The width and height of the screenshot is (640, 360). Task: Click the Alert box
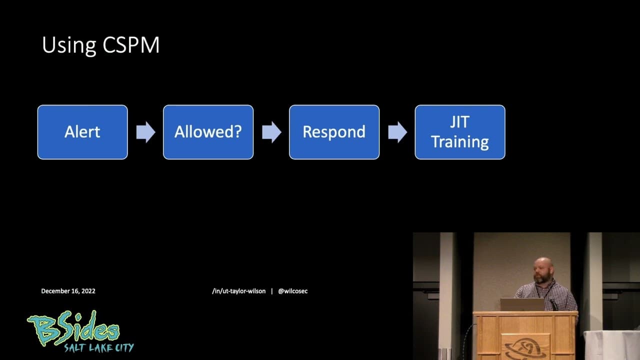click(x=82, y=132)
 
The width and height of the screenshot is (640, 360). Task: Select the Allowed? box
click(x=208, y=132)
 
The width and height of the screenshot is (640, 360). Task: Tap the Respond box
click(x=334, y=132)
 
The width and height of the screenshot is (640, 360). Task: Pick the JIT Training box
click(x=460, y=132)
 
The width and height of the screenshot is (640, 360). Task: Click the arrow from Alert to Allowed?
click(x=145, y=132)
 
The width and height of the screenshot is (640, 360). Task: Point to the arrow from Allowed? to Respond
click(x=271, y=132)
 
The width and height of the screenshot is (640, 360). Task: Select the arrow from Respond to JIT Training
click(x=397, y=132)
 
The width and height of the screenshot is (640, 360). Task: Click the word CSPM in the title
click(x=131, y=45)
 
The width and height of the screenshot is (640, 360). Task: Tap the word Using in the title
click(x=69, y=45)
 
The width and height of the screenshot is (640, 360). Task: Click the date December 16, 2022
click(x=68, y=291)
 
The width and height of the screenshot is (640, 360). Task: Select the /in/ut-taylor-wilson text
click(x=238, y=291)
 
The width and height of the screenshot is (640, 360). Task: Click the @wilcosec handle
click(x=293, y=291)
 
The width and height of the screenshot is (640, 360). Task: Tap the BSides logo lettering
click(x=75, y=329)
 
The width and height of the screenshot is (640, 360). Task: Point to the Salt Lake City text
click(x=98, y=347)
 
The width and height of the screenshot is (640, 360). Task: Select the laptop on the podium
click(x=522, y=304)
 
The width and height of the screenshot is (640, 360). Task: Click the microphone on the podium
click(x=553, y=303)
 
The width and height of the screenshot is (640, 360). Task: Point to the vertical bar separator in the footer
click(x=271, y=291)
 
